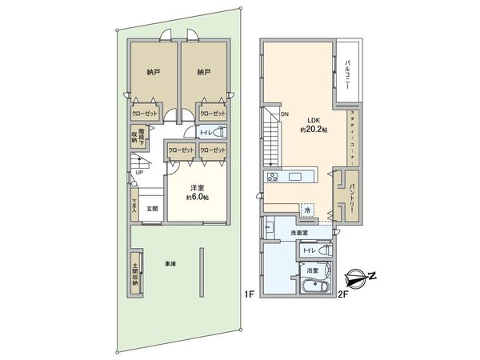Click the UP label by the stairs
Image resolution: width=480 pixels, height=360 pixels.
139,172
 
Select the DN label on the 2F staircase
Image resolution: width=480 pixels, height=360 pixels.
284,114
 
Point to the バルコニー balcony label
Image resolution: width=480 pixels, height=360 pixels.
350,73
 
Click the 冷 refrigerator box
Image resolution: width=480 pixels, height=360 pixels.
307,210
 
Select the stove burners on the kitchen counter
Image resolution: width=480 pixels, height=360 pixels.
272,177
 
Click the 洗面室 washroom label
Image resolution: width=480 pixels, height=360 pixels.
300,233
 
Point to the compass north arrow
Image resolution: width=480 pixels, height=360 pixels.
359,279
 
